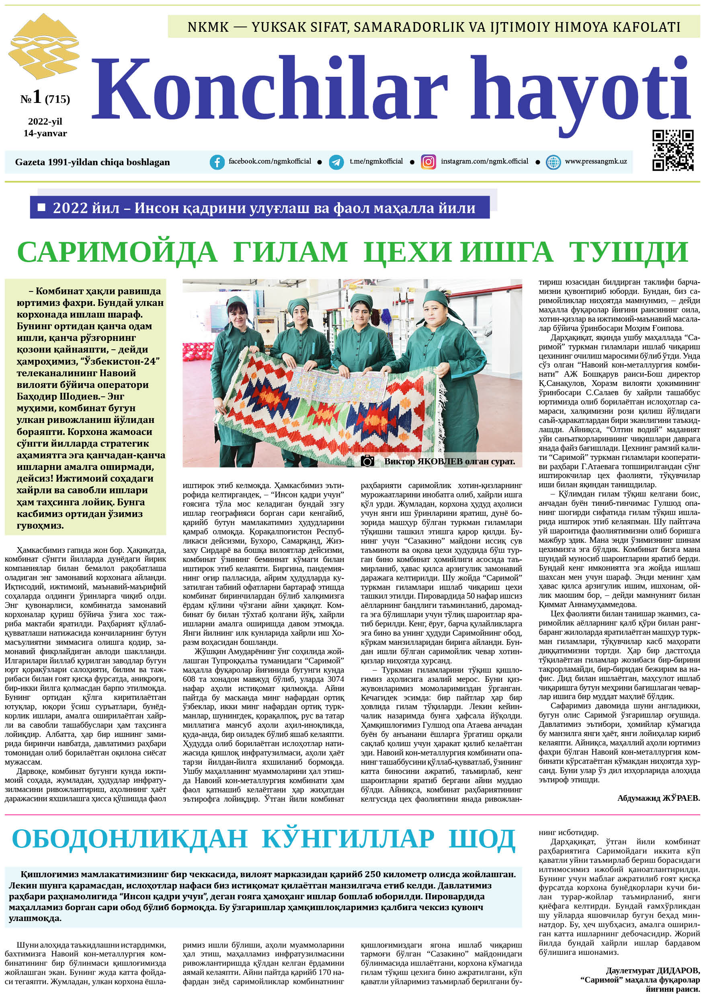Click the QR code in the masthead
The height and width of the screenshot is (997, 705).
tap(673, 150)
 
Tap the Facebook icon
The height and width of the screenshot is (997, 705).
tap(217, 162)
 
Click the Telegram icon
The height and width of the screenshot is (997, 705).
tap(336, 162)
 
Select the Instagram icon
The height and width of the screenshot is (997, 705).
tap(428, 162)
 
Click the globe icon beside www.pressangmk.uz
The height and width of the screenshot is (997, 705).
tap(553, 162)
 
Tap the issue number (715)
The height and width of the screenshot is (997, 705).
tap(57, 99)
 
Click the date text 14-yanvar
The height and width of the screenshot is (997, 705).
tap(45, 133)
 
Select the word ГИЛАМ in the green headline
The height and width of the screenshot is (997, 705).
tap(290, 252)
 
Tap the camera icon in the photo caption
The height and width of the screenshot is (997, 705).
tap(367, 461)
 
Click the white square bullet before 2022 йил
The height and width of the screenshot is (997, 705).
tap(42, 207)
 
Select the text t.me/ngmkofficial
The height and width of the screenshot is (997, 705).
tap(376, 162)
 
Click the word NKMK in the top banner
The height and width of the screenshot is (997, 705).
tap(208, 27)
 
